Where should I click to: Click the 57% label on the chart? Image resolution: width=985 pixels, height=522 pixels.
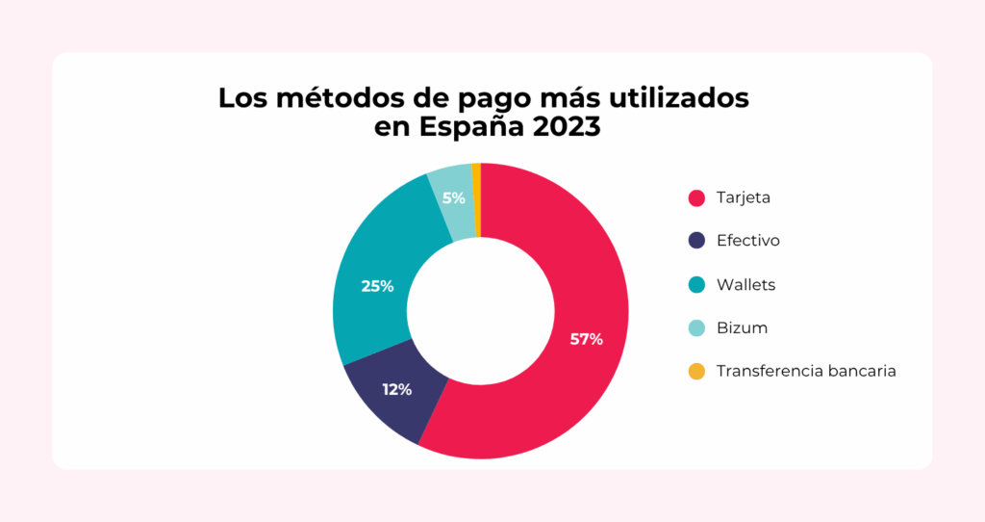coord(586,339)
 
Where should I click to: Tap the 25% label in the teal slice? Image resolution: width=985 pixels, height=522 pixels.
coord(377,286)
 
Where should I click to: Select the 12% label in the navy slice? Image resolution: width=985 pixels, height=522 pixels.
coord(396,389)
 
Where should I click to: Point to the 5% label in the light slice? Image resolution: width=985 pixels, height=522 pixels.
coord(454,198)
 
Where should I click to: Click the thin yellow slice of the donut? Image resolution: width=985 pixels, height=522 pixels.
coord(476,170)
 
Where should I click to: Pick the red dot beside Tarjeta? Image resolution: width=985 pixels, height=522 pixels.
coord(697,197)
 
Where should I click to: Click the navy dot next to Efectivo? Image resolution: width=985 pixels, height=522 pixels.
coord(697,241)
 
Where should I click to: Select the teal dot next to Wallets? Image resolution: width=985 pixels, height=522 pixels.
coord(697,285)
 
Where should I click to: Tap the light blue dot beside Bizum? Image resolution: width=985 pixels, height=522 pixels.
coord(697,328)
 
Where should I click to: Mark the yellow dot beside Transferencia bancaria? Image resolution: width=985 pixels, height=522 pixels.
coord(697,372)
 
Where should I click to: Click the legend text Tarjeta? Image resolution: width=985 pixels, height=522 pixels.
coord(744,198)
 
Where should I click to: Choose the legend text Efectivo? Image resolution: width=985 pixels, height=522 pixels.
coord(747,241)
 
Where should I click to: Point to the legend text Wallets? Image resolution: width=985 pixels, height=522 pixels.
coord(745,285)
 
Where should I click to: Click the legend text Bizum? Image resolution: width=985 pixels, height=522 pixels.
coord(742,328)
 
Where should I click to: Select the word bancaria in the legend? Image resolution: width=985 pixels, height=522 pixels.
coord(862,372)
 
